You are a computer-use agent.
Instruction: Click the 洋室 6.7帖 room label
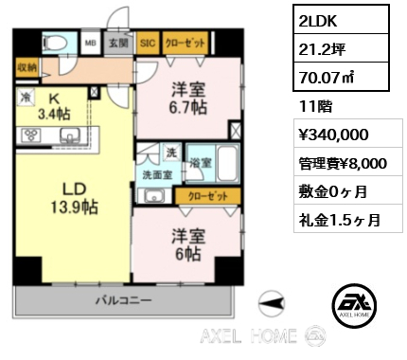tap(188, 99)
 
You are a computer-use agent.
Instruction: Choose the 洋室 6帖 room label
tap(188, 244)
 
